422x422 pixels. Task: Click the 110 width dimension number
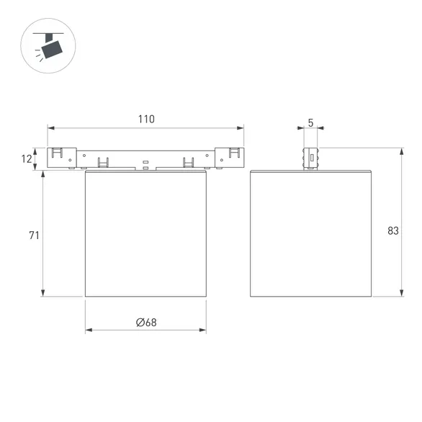click(146, 119)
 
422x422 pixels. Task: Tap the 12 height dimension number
click(27, 158)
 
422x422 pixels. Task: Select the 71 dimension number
click(33, 235)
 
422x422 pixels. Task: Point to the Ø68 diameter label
click(146, 322)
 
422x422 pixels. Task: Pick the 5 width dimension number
click(310, 122)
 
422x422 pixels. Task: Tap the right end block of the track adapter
click(231, 158)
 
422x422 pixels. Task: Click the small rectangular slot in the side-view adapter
click(310, 158)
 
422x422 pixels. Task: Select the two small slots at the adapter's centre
click(146, 166)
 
